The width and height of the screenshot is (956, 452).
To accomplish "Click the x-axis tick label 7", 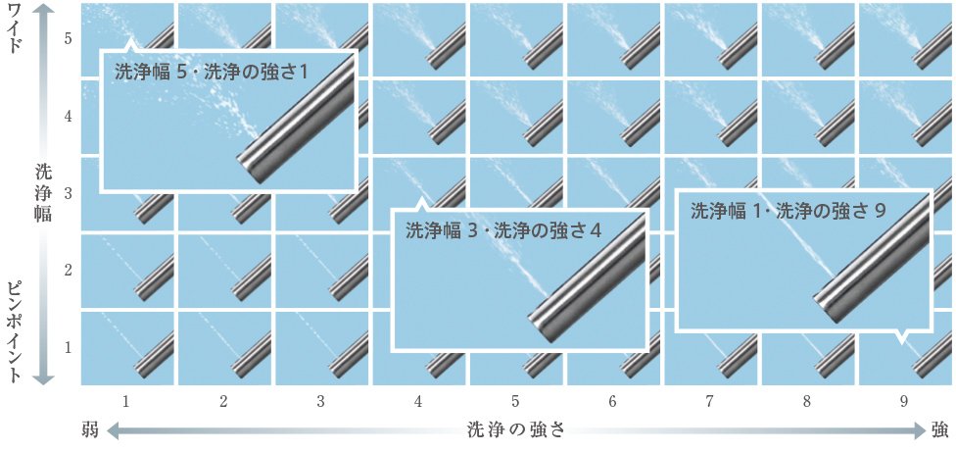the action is point(710,402).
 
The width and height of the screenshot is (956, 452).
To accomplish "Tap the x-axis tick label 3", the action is point(320,402).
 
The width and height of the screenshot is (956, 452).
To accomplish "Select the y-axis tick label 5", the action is point(69,38).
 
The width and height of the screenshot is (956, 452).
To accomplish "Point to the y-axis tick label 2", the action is point(69,271).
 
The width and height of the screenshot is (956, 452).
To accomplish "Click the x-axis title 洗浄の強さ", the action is point(516,429).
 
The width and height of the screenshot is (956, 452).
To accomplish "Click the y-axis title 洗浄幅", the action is point(43,193).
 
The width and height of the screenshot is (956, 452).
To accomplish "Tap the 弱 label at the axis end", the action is point(90,429).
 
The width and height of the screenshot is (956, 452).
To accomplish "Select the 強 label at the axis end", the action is point(939,429).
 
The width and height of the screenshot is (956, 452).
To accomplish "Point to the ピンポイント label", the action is point(17,331).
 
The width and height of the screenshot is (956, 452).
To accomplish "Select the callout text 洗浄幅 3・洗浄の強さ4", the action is point(503,230).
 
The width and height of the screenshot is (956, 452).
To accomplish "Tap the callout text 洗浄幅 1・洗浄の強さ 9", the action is point(788,211).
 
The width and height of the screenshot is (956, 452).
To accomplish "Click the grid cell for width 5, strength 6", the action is point(613,39).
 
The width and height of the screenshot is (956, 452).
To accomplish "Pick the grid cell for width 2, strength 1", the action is point(127,271).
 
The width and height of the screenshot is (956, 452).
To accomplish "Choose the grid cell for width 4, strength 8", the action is point(808,117).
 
